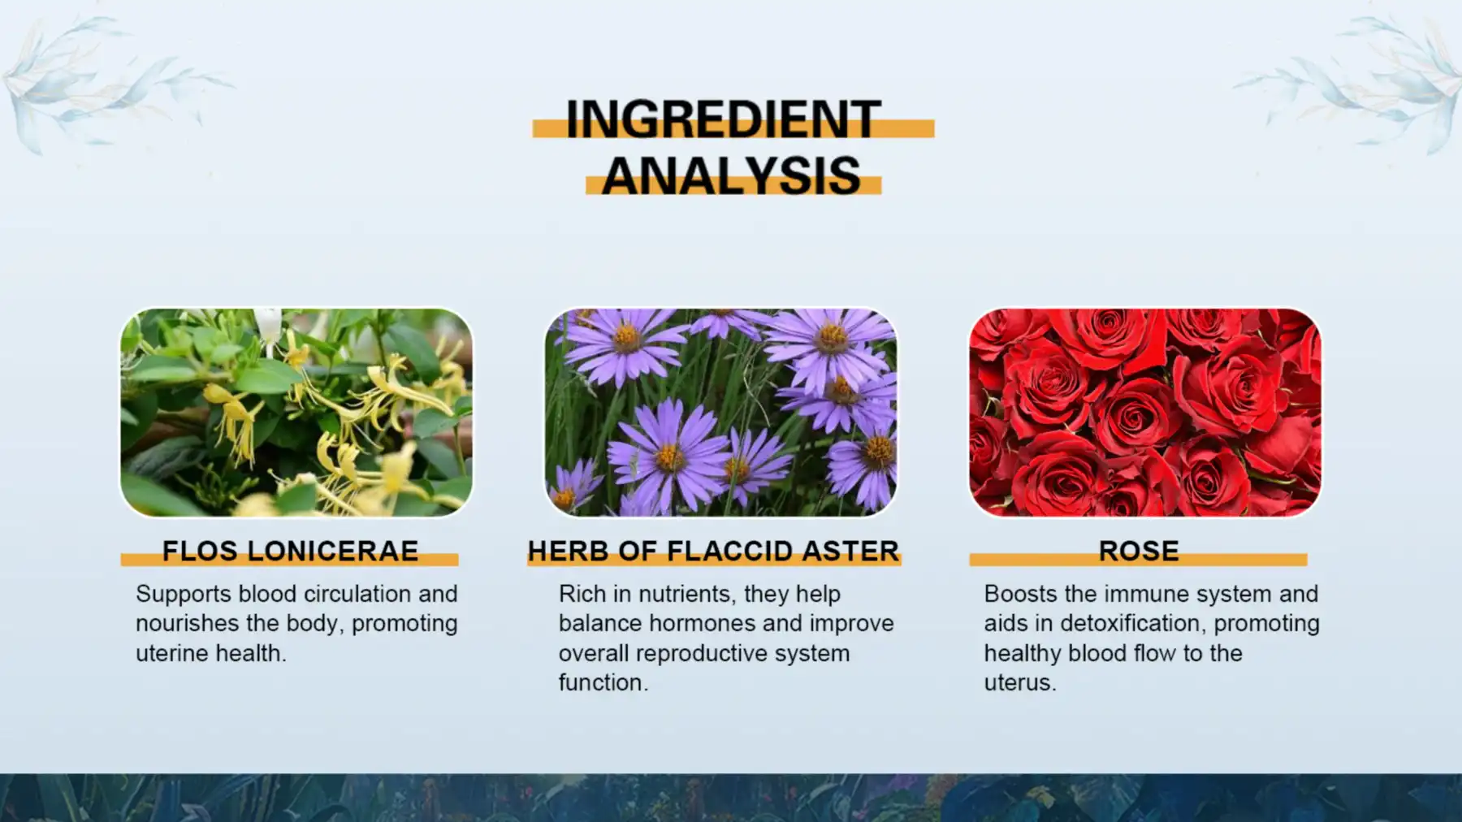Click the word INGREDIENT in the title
[x=723, y=119]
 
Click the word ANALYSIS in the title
[x=731, y=175]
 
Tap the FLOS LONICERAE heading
[x=290, y=552]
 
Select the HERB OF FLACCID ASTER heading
[x=713, y=552]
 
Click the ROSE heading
[x=1139, y=552]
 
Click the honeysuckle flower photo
[x=296, y=412]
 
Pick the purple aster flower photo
[x=720, y=412]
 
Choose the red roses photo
[x=1145, y=412]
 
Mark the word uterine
[x=167, y=653]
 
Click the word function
[x=602, y=682]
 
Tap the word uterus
[x=1019, y=682]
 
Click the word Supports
[x=184, y=594]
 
